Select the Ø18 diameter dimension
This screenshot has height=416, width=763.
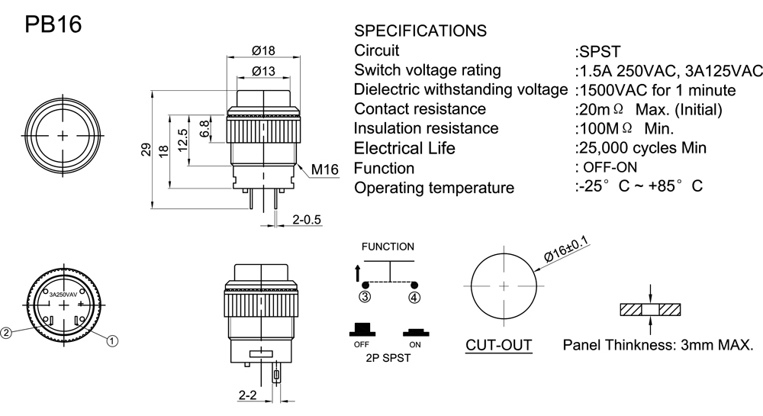[x=263, y=51]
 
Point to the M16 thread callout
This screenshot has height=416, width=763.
[x=324, y=170]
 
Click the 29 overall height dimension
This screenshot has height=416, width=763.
[x=146, y=150]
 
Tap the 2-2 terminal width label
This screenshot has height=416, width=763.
[x=246, y=395]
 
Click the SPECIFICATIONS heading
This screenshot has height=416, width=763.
[x=420, y=31]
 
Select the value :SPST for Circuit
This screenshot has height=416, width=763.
[x=597, y=52]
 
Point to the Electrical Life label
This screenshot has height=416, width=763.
[x=404, y=148]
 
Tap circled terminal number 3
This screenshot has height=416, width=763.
[x=365, y=297]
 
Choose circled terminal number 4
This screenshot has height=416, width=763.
[x=414, y=297]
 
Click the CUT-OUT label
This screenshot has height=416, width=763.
[x=499, y=346]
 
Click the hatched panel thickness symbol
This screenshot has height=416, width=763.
[x=650, y=310]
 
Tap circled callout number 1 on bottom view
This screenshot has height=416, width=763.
[x=112, y=340]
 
